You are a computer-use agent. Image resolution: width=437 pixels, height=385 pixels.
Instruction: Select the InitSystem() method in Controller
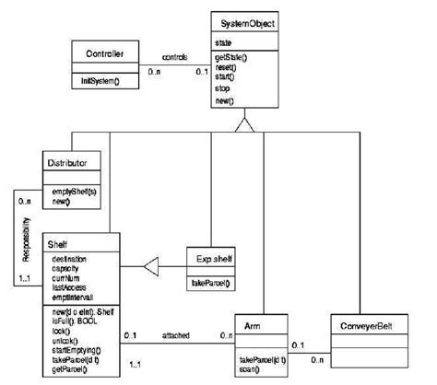click(102, 82)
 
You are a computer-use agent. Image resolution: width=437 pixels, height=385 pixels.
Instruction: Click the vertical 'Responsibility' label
click(26, 240)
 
